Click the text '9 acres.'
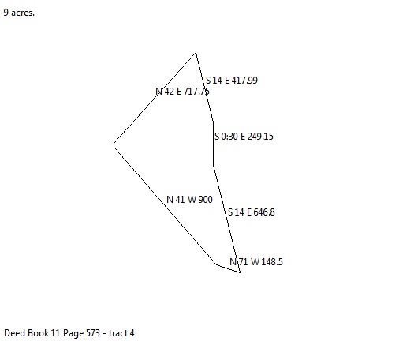(x=19, y=13)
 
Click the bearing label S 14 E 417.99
(x=232, y=81)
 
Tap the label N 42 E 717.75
(x=182, y=92)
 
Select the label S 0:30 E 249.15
(x=244, y=137)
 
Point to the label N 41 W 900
(x=189, y=200)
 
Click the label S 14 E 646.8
(x=252, y=212)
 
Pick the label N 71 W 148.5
(x=256, y=262)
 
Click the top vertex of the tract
(x=196, y=53)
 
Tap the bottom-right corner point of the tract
(x=240, y=272)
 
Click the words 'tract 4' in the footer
(x=121, y=333)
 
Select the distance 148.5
(x=272, y=262)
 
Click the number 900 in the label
(x=205, y=200)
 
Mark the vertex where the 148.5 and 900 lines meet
(x=216, y=264)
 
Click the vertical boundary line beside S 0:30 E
(x=213, y=144)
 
